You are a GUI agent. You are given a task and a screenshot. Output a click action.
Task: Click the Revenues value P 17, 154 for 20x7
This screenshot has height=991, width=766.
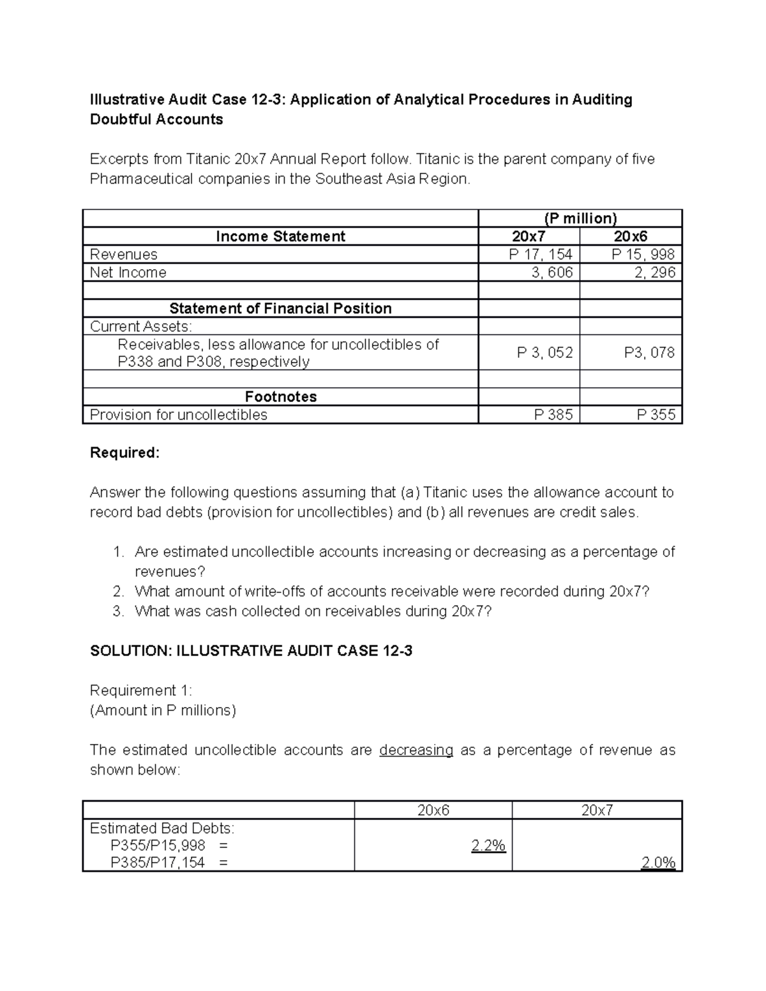(x=540, y=255)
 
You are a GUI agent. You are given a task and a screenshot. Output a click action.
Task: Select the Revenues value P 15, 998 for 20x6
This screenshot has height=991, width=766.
(x=643, y=255)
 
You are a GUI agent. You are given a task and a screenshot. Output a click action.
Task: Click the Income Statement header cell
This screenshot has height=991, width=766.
(x=280, y=237)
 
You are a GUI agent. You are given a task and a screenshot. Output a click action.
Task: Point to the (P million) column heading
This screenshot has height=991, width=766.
(x=580, y=218)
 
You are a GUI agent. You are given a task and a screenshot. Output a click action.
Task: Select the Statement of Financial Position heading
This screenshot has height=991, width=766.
(x=280, y=309)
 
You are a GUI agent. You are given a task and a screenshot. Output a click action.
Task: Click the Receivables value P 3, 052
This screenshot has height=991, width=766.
(x=544, y=353)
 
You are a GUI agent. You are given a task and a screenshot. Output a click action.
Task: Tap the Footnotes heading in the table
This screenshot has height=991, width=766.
(x=280, y=397)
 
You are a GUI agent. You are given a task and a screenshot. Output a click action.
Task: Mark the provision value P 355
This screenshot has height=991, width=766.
(x=656, y=415)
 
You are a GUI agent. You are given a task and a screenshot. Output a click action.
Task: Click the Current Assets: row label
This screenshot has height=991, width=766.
(x=140, y=327)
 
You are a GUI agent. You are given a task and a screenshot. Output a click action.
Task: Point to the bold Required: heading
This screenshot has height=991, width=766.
(x=124, y=453)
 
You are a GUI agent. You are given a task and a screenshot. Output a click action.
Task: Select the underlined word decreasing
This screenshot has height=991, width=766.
(x=416, y=750)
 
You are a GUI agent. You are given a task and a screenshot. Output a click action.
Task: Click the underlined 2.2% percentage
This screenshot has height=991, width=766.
(x=488, y=846)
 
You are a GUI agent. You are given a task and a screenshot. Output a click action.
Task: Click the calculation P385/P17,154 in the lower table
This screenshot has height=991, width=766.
(x=158, y=863)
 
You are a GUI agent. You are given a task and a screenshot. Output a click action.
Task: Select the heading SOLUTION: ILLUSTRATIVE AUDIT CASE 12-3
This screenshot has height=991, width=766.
(x=251, y=651)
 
